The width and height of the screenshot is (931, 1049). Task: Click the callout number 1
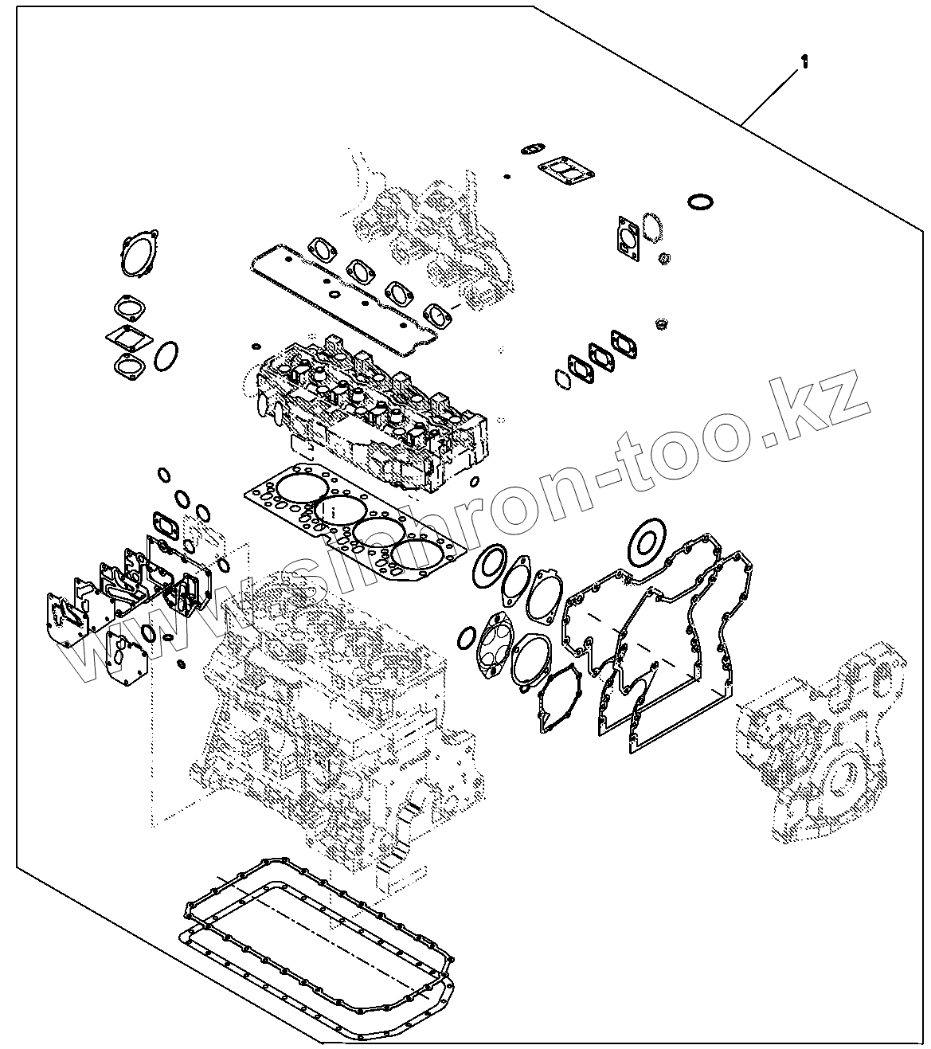coord(804,62)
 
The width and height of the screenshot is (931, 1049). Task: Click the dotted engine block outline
coord(319,717)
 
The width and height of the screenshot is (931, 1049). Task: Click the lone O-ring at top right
coord(700,202)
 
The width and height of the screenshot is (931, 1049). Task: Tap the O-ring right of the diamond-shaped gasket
coord(165,356)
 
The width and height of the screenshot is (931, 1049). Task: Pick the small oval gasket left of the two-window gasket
coord(531,148)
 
